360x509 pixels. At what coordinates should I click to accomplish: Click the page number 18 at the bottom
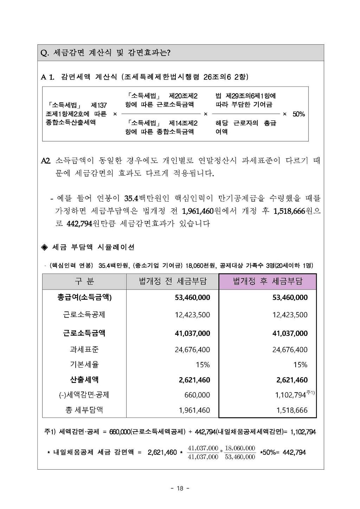click(180, 488)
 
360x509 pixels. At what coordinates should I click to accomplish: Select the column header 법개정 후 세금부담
click(268, 281)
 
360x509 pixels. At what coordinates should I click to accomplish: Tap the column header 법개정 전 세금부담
click(173, 281)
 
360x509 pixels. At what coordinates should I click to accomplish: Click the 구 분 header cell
click(84, 281)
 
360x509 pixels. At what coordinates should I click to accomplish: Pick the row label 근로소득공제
click(84, 315)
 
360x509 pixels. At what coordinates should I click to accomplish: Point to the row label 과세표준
click(84, 349)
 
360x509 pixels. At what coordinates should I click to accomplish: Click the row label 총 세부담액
click(84, 410)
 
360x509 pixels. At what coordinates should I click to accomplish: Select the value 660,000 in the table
click(197, 395)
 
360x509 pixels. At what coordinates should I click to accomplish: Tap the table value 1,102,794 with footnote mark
click(290, 395)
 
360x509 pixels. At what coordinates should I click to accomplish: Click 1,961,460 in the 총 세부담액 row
click(194, 410)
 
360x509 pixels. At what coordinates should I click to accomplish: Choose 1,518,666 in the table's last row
click(292, 410)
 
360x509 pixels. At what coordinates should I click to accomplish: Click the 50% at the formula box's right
click(298, 114)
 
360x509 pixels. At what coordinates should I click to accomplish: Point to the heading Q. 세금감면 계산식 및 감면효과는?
click(106, 53)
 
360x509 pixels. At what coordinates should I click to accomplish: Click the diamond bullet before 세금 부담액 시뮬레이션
click(45, 247)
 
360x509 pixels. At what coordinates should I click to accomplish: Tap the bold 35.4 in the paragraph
click(131, 198)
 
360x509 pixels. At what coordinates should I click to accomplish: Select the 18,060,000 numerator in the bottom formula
click(240, 448)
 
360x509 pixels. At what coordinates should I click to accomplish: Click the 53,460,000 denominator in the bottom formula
click(240, 457)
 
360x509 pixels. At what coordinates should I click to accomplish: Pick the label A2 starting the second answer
click(46, 161)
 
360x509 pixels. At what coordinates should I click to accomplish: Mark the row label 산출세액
click(84, 380)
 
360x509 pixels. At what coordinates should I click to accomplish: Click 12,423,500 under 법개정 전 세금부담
click(192, 315)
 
